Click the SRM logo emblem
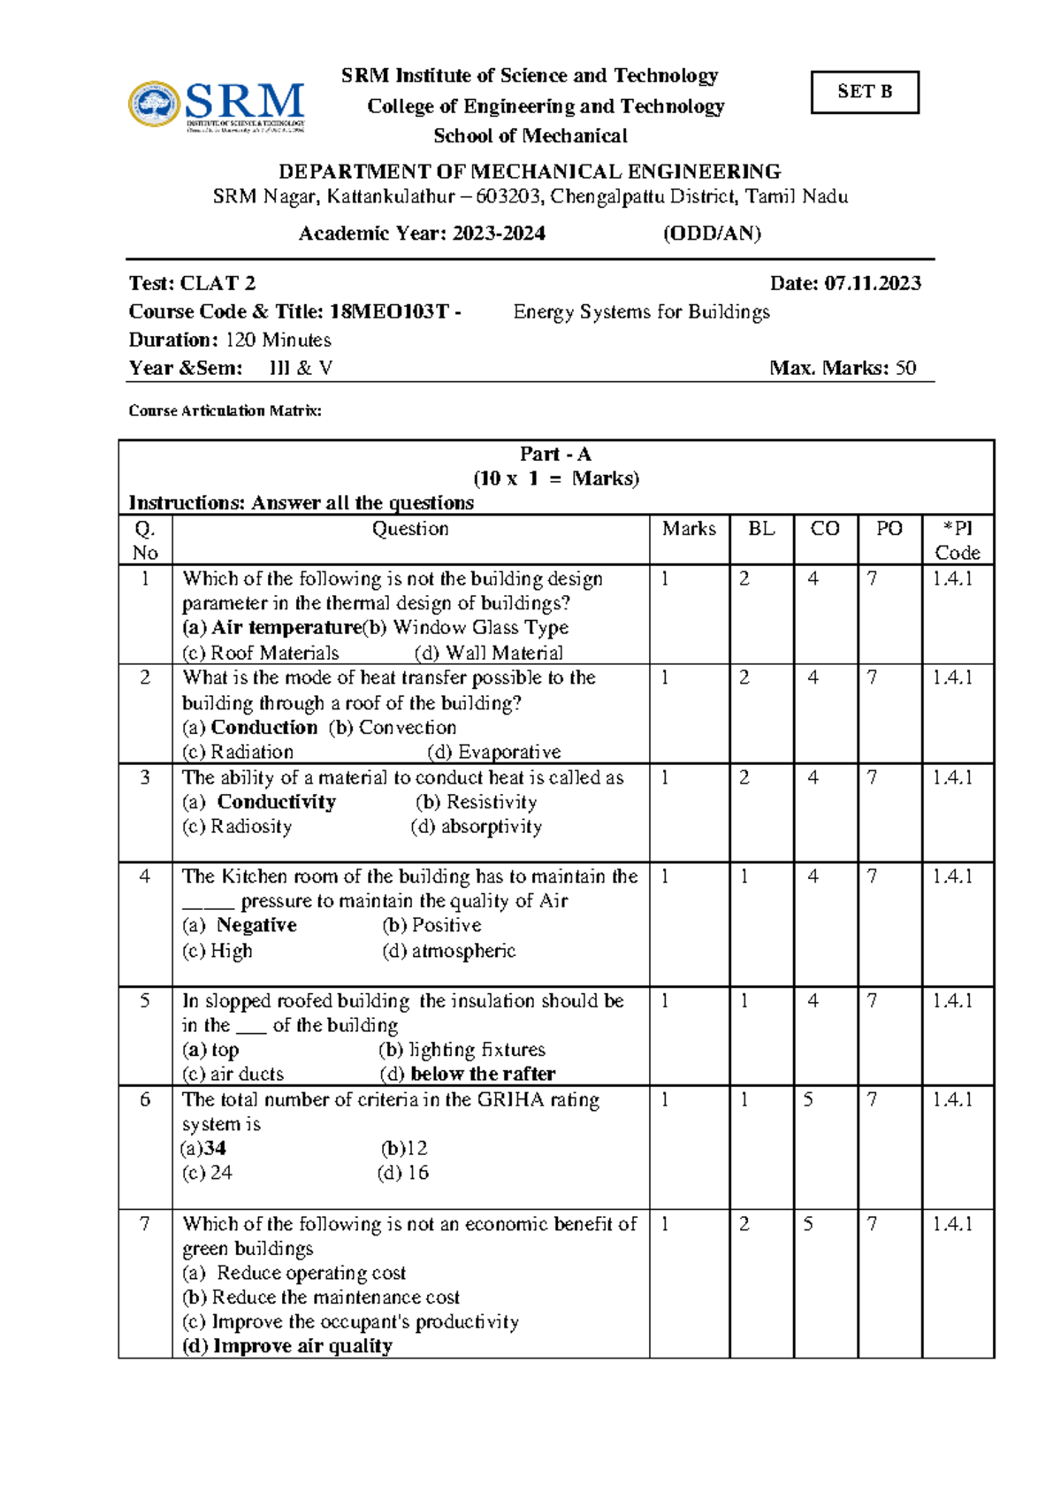pos(155,105)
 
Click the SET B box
pos(864,92)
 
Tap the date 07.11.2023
pos(873,284)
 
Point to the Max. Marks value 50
pos(905,368)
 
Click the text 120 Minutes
pos(279,341)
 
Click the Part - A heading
pos(555,455)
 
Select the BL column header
pos(761,529)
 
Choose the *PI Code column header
pos(958,540)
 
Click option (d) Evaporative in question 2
pos(494,753)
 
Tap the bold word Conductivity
pos(277,802)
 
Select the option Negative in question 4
pos(256,926)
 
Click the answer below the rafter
pos(483,1075)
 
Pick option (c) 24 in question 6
pos(208,1174)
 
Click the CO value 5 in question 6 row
pos(808,1100)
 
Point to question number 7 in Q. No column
pos(145,1225)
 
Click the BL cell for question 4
pos(745,877)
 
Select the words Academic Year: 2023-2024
pos(422,234)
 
